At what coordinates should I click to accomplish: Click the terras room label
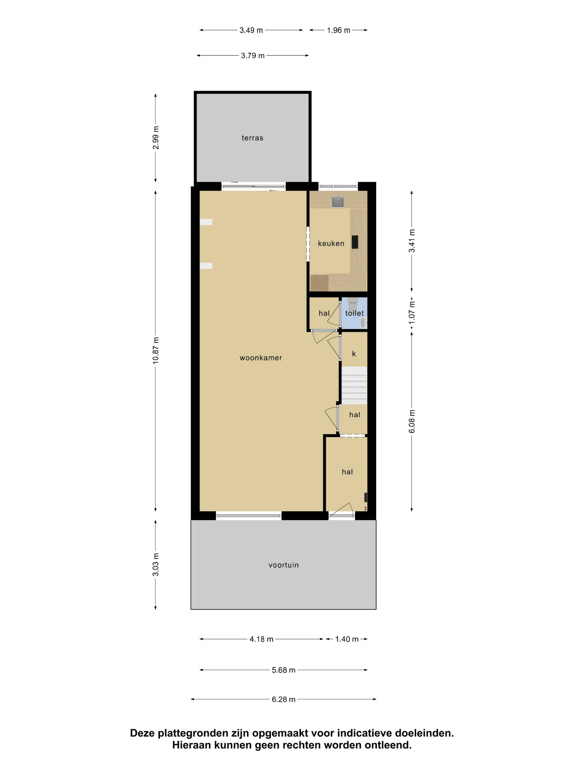point(252,138)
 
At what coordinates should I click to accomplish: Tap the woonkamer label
point(261,358)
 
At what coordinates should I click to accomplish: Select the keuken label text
point(331,243)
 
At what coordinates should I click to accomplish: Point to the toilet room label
point(354,313)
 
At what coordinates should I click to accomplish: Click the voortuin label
point(283,565)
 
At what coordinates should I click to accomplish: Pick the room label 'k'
point(354,353)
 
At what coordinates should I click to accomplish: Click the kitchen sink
point(338,202)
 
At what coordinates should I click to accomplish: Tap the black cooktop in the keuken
point(355,242)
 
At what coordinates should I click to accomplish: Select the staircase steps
point(354,385)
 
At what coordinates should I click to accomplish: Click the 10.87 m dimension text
point(156,350)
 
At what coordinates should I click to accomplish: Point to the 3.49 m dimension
point(251,30)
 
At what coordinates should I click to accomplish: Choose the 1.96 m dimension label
point(338,30)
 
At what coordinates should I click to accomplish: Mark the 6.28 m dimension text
point(283,699)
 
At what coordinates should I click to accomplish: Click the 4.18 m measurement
point(261,639)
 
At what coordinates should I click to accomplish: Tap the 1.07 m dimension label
point(412,313)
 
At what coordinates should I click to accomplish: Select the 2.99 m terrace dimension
point(156,138)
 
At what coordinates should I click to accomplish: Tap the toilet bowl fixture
point(353,303)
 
